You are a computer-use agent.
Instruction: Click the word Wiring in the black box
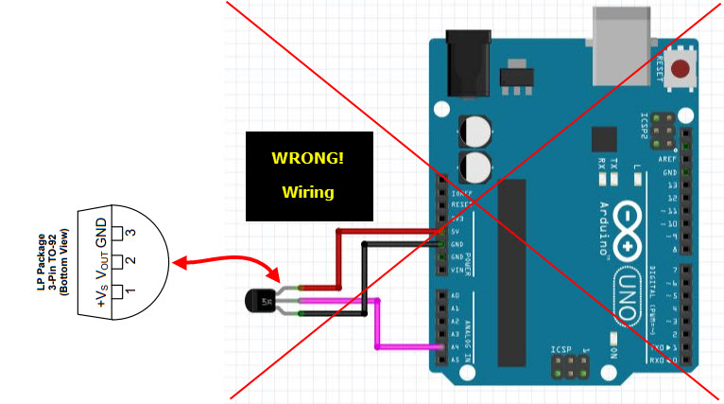pyautogui.click(x=307, y=192)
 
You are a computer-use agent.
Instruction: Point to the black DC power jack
pyautogui.click(x=465, y=63)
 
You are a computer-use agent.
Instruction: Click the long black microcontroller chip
pyautogui.click(x=511, y=270)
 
